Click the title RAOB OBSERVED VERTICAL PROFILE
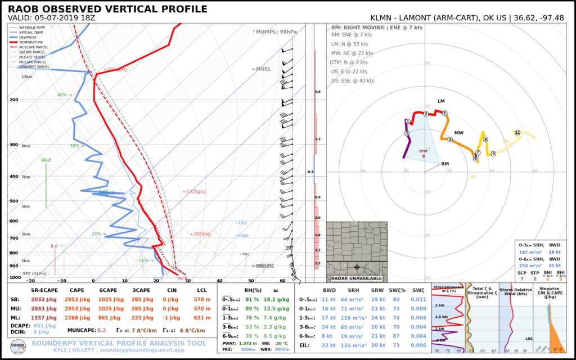tap(107, 9)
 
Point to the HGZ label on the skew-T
tap(46, 160)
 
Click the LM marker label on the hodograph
tap(441, 101)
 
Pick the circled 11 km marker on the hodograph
tap(517, 133)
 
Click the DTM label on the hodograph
tap(424, 151)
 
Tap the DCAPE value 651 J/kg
tap(46, 325)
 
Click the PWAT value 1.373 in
tap(248, 343)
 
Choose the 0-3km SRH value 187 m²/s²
tap(530, 253)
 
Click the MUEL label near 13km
tap(262, 69)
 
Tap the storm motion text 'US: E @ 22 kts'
tap(349, 71)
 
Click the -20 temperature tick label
tap(30, 281)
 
